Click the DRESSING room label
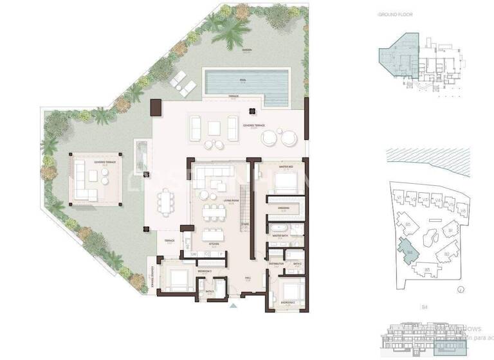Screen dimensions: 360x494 point(284,208)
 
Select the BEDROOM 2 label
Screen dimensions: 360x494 point(287,301)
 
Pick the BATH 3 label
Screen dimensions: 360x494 point(210,291)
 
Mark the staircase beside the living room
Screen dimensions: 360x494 point(245,206)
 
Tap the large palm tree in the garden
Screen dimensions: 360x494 point(230,30)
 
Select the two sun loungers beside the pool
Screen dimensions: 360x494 point(180,82)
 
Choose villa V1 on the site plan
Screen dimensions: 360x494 point(399,197)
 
